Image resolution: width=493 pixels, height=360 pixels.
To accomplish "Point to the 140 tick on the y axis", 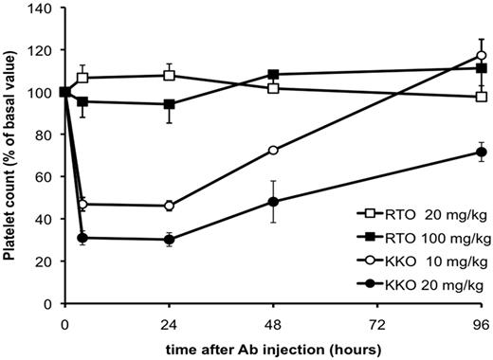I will [42, 9].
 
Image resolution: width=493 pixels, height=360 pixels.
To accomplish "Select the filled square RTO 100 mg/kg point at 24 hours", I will [169, 104].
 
